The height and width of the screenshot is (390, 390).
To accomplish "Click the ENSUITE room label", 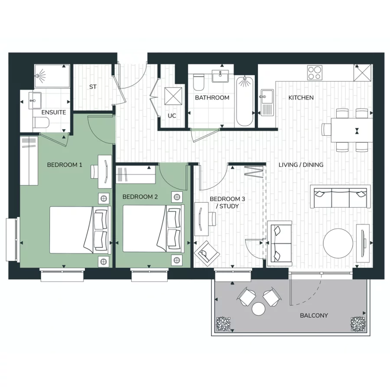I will tap(54, 112).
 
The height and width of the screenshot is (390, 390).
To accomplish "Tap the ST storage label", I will tap(93, 87).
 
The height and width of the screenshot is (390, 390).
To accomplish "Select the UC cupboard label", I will tap(172, 116).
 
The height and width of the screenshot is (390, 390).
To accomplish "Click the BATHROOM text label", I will tap(212, 98).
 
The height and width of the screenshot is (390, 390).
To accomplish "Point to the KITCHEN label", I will tap(301, 98).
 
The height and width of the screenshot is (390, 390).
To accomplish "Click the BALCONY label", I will tap(314, 315).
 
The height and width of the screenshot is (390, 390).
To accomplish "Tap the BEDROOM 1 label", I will tap(65, 165).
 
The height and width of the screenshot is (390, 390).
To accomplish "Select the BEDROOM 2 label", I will tap(140, 197).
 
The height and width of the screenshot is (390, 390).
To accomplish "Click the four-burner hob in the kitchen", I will tap(315, 72).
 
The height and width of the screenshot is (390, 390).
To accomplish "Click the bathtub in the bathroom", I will tap(245, 101).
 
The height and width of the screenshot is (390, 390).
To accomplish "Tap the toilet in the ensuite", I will tap(39, 123).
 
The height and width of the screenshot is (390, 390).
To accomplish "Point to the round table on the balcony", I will tap(259, 309).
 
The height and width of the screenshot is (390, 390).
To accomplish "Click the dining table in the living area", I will tap(352, 130).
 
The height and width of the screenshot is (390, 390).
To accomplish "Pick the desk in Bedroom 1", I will tap(104, 166).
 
